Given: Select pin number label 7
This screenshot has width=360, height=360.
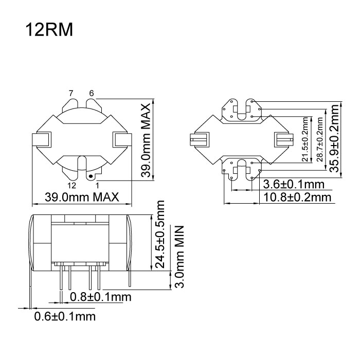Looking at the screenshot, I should [72, 93].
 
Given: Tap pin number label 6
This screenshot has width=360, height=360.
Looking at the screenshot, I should [92, 93].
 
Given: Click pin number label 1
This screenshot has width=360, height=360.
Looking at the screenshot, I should [97, 184].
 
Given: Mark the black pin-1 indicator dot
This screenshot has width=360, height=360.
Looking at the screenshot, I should [91, 175].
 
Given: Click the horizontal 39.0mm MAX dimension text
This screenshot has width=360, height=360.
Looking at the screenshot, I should [82, 197].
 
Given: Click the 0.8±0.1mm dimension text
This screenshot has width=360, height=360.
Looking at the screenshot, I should [100, 297].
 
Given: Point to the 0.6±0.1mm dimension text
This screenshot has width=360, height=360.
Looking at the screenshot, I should [65, 316].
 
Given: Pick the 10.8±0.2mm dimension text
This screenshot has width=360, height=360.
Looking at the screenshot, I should [296, 197].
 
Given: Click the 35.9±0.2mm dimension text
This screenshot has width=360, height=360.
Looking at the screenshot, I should [335, 138].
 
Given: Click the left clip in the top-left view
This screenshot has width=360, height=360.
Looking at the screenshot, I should [42, 139].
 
